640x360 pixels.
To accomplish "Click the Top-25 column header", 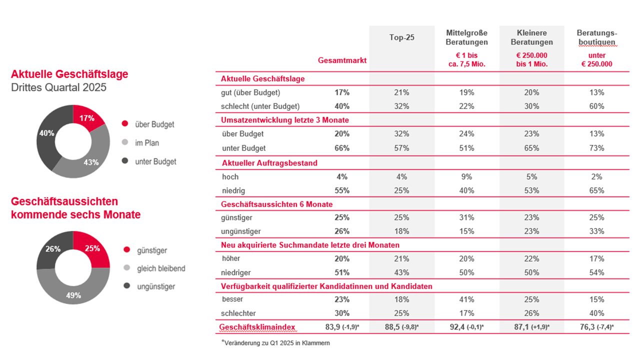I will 402,37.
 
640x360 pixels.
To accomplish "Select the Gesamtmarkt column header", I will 342,60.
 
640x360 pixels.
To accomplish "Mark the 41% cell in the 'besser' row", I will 466,299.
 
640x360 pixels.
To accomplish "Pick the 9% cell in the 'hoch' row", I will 466,176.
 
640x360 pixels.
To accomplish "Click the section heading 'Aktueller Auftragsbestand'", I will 269,163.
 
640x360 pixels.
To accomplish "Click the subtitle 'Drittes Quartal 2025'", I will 58,87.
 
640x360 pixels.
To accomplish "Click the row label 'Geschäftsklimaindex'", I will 257,327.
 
